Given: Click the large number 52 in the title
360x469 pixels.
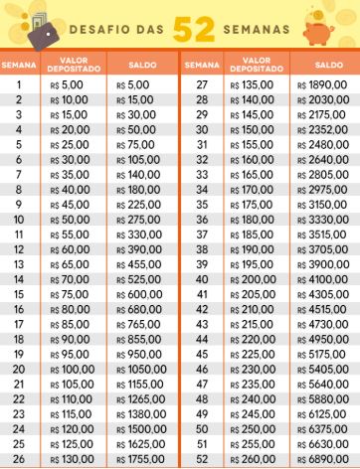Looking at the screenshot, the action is pos(190,27).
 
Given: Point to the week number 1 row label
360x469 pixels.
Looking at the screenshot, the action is pos(18,85).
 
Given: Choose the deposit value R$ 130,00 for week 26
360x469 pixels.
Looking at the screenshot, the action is pos(69,461).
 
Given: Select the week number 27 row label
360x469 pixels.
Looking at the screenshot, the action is pos(202,85).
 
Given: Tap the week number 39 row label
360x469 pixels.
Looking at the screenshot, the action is pos(202,265).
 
